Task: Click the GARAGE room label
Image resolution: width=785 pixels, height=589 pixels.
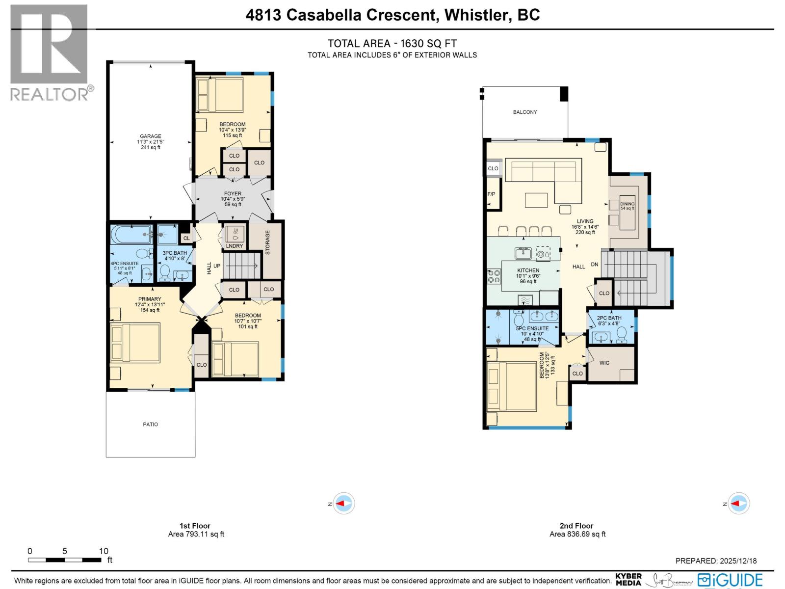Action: (x=150, y=136)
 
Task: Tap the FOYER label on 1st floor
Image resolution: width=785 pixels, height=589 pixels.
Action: (x=233, y=194)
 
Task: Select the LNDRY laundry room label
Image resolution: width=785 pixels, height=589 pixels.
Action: (x=235, y=246)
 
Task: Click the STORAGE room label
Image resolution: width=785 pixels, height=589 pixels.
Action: (x=268, y=242)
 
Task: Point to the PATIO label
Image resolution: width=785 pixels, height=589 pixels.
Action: (x=150, y=424)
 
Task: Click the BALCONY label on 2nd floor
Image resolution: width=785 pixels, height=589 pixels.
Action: (x=525, y=112)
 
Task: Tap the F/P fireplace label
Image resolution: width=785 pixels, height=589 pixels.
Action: (x=491, y=194)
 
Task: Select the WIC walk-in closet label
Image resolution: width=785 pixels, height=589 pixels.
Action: (x=604, y=363)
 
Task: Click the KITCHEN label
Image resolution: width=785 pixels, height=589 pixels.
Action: (x=528, y=270)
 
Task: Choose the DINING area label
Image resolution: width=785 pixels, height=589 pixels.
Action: (x=627, y=204)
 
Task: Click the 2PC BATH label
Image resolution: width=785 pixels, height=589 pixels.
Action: (x=609, y=318)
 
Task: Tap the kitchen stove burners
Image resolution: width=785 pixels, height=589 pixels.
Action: (x=494, y=276)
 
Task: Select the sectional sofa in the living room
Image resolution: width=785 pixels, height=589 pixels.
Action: (x=545, y=174)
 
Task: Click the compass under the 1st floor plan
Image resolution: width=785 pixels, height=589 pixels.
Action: (x=343, y=504)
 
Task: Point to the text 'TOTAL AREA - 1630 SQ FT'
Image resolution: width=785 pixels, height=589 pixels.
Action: (x=392, y=43)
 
